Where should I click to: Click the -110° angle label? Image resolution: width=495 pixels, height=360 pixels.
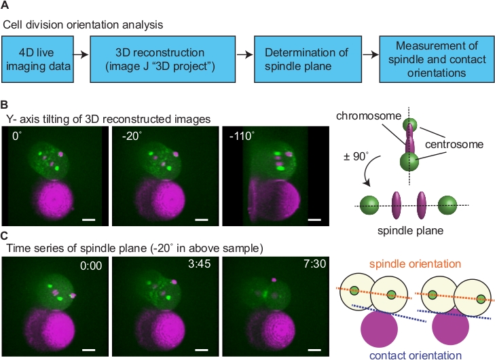coord(239,134)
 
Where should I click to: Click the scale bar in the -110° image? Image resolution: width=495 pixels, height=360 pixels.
coord(314,220)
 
